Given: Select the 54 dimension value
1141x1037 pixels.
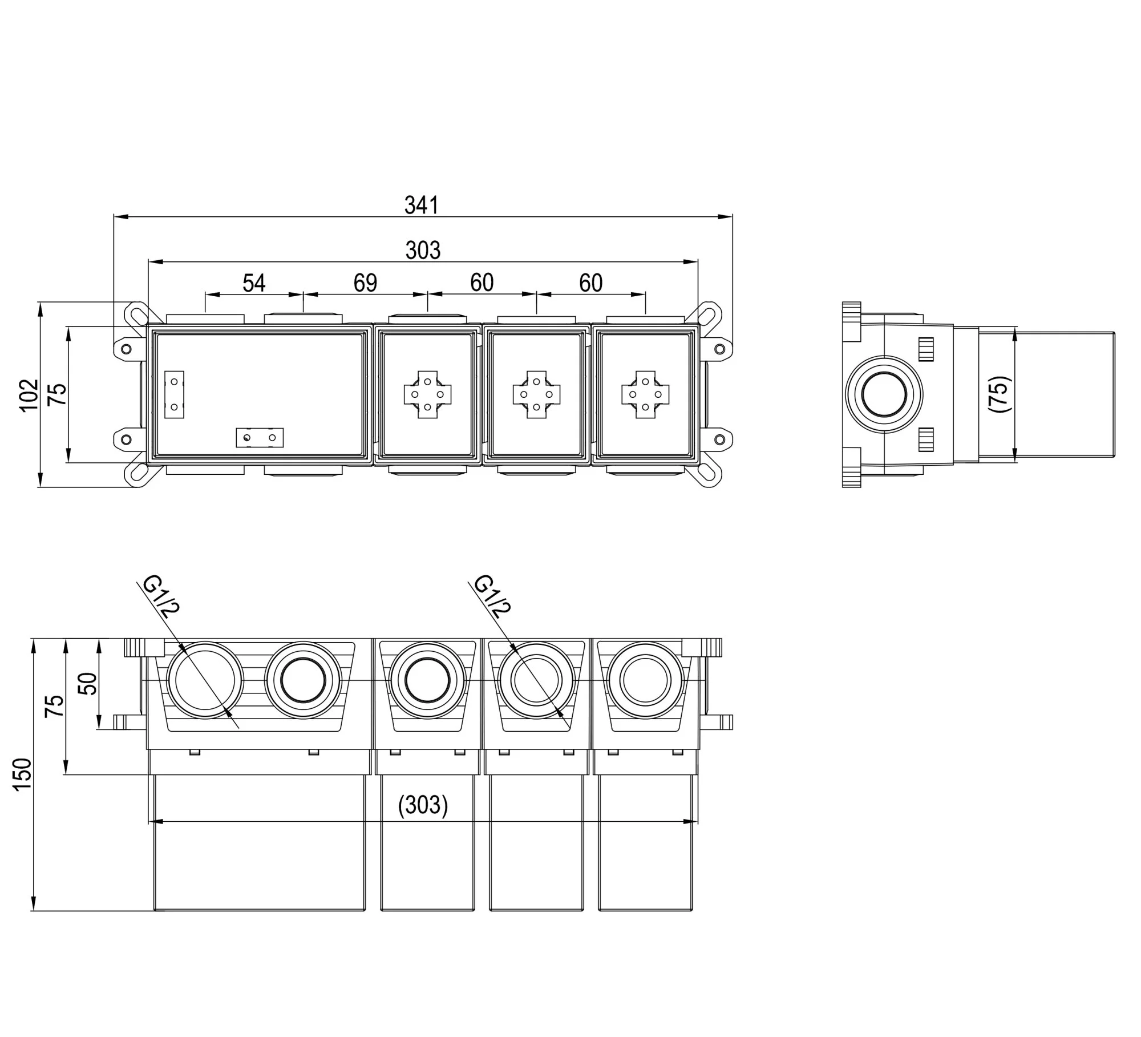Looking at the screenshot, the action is [x=254, y=283].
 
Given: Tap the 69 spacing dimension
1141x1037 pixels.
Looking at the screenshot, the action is [x=365, y=283].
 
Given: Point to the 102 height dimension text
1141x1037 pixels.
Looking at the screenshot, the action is [x=29, y=394].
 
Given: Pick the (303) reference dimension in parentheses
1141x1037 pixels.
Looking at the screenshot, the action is [x=423, y=805].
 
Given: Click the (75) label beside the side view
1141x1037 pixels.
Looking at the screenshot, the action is [x=1000, y=394].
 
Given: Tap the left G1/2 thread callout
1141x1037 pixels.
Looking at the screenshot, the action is [x=161, y=597].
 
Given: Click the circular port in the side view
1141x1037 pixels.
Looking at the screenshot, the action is [x=884, y=394].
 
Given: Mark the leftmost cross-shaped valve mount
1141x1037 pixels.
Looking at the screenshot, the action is [x=427, y=394].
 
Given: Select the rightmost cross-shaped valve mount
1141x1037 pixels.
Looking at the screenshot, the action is [x=645, y=394].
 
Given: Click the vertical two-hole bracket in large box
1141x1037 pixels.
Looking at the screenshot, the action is [x=174, y=394].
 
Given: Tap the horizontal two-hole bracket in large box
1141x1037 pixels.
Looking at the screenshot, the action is [x=260, y=438].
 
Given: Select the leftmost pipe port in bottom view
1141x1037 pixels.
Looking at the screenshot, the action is [x=205, y=680].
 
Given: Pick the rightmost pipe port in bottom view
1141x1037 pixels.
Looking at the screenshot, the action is [x=645, y=680].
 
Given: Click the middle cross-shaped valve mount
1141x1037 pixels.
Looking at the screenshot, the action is [x=536, y=394].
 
